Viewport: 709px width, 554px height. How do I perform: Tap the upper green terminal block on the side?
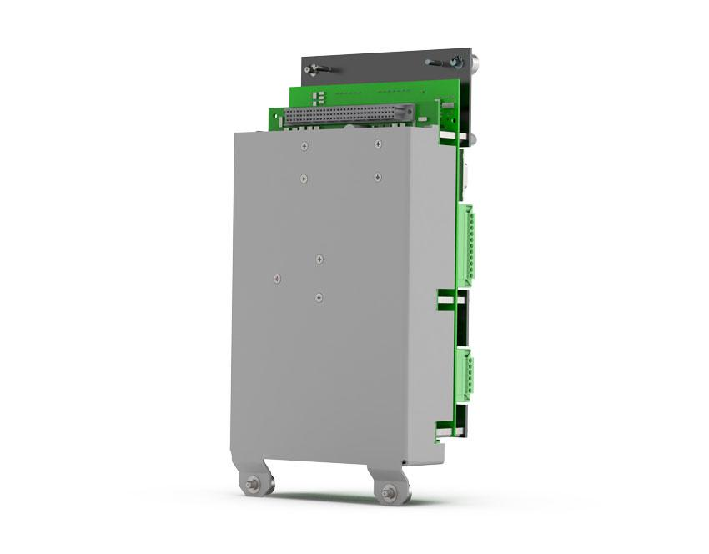pos(466,240)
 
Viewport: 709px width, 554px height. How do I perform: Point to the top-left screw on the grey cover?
pos(304,146)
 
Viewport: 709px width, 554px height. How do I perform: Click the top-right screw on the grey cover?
pos(378,144)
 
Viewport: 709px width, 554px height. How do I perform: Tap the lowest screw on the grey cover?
pos(319,296)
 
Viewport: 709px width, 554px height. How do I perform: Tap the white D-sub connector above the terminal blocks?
pos(467,178)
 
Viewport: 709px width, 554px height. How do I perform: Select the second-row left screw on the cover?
pos(304,178)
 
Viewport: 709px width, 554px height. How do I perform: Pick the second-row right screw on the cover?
pos(378,176)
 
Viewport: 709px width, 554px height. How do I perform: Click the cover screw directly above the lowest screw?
pos(319,259)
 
